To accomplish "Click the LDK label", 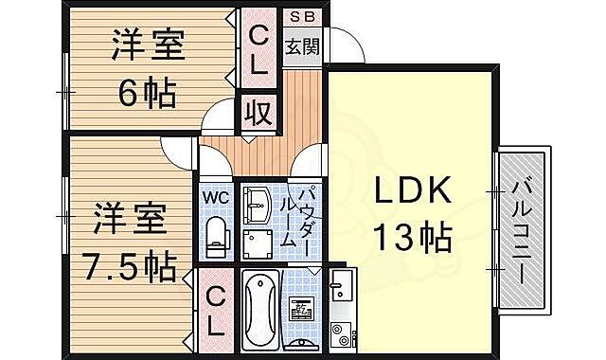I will click(409, 190).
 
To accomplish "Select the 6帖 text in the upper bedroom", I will click(147, 93).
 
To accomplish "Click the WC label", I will click(218, 198).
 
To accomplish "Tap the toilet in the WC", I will click(218, 237).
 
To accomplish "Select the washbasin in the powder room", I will click(256, 202).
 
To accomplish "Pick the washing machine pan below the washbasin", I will click(257, 244).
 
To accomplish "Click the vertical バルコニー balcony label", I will click(522, 227).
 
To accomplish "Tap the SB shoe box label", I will click(303, 16).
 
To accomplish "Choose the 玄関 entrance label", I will click(303, 44).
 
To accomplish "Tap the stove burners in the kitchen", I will click(341, 333).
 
